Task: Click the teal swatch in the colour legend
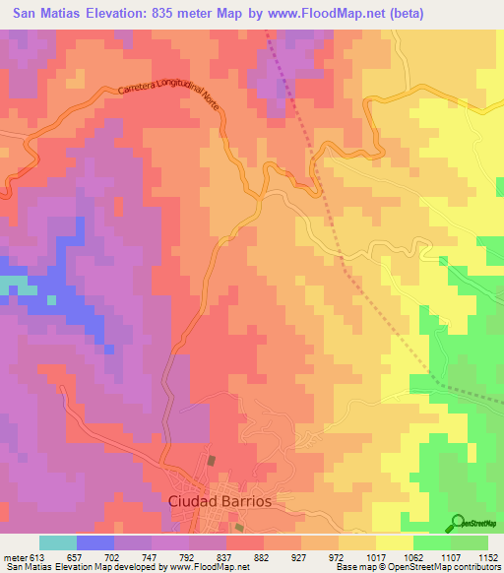click(57, 542)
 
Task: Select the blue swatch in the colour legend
click(94, 542)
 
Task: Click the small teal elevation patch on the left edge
click(10, 285)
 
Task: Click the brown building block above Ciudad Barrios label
click(210, 460)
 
